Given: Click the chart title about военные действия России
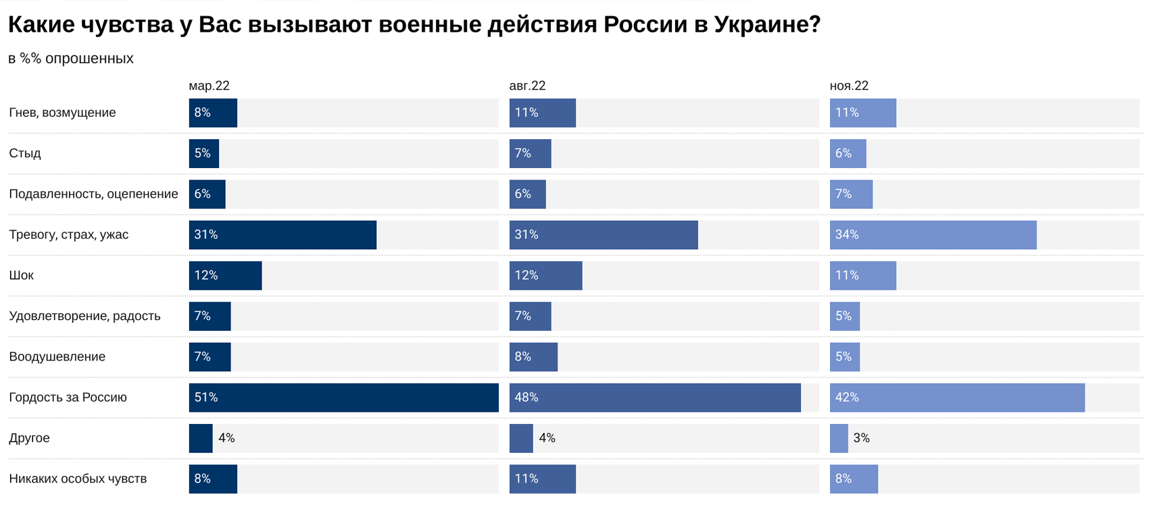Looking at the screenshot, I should [x=414, y=25].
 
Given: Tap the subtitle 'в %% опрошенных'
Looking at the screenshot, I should [x=71, y=59].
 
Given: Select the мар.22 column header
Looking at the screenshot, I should [x=209, y=86].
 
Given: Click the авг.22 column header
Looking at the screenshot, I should [x=527, y=86].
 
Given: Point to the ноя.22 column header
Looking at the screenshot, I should [x=849, y=86].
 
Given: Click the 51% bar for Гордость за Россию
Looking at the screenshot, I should [x=343, y=398].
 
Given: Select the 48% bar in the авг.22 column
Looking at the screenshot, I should [x=654, y=398].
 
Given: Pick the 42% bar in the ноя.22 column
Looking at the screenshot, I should [x=957, y=398].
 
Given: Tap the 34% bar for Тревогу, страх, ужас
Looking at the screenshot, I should [x=933, y=235].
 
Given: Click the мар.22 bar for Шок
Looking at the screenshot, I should [x=225, y=275].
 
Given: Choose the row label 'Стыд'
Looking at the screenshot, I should [x=25, y=153].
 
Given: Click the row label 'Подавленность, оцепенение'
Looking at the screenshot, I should [x=93, y=194].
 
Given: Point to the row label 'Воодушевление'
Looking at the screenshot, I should [x=57, y=356].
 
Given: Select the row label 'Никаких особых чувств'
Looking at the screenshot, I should [x=78, y=479].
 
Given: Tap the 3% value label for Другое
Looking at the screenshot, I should [x=861, y=438].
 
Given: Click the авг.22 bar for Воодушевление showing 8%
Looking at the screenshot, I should [x=533, y=356].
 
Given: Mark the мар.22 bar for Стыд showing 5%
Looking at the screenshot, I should [x=203, y=153].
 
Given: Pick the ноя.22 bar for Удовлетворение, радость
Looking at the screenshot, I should [x=845, y=316].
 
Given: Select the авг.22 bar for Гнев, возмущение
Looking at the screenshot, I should [x=542, y=113].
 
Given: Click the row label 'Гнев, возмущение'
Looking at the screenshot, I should [x=62, y=113].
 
